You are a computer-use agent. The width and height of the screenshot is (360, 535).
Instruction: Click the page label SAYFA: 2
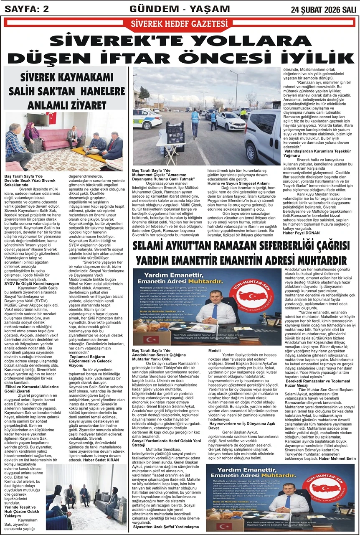pyautogui.click(x=25, y=8)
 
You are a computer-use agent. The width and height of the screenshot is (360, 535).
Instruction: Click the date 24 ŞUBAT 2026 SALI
pyautogui.click(x=324, y=9)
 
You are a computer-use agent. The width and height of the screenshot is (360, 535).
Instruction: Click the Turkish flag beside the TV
pyautogui.click(x=52, y=118)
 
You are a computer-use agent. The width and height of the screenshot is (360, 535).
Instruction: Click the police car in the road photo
pyautogui.click(x=147, y=119)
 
